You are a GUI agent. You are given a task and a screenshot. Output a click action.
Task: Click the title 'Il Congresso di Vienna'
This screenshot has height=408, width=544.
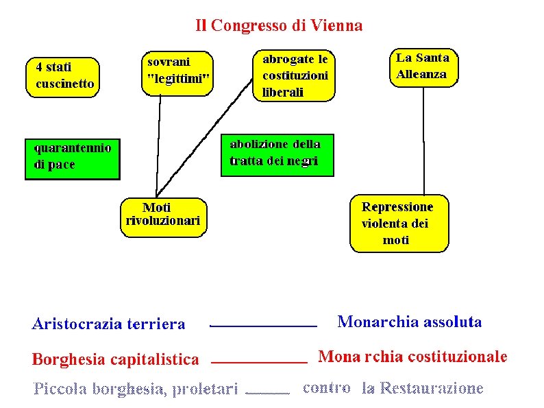coord(279,26)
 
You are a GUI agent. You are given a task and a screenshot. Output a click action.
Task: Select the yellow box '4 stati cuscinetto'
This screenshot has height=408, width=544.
coord(62,75)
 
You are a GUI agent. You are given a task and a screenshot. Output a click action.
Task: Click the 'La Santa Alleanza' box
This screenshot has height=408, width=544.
coord(423,67)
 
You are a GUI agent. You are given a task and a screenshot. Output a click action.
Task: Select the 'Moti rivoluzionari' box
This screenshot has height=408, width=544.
coord(163,215)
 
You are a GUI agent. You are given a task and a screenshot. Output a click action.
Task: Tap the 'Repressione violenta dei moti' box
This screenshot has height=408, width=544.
coord(399,224)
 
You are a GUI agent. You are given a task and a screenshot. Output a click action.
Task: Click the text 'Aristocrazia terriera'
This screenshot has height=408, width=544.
coord(108,324)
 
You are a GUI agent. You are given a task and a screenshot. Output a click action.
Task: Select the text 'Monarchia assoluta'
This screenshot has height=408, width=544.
coord(410,322)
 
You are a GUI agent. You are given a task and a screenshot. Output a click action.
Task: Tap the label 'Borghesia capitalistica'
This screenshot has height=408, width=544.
coord(116,359)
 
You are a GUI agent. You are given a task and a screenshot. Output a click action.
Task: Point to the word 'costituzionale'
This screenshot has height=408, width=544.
coord(458,357)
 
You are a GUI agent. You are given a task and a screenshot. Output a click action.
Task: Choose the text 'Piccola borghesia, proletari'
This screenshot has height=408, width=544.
coord(136,390)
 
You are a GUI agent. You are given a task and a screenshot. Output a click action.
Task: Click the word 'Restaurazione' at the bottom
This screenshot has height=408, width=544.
coord(432,389)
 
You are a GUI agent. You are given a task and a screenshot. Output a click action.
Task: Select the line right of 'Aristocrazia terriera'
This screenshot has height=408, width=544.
coord(263,326)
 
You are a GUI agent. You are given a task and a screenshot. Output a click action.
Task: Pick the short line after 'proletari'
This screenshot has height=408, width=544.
coord(267,393)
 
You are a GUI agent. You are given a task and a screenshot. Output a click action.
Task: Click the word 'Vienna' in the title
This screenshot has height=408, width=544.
coord(336,26)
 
